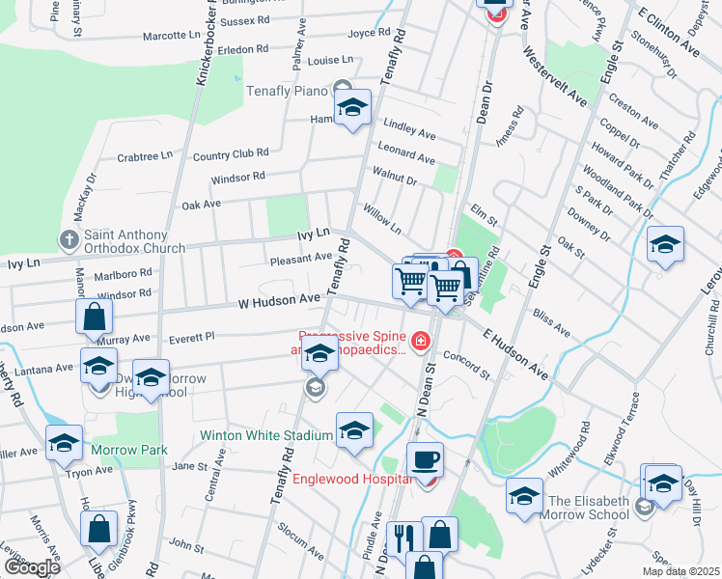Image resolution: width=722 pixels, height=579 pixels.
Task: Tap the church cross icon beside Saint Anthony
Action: [69, 238]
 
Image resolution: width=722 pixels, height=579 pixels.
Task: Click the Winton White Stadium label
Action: [266, 435]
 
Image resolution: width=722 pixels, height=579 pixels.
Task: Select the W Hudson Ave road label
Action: [279, 302]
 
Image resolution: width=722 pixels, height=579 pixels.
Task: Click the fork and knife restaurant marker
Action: [403, 537]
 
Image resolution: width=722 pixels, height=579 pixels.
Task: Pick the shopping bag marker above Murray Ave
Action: [95, 316]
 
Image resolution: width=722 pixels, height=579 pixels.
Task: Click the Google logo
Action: [33, 567]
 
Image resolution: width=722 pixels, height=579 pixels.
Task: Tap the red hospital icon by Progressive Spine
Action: [420, 340]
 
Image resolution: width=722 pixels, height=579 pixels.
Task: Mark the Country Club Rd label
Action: [230, 154]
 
